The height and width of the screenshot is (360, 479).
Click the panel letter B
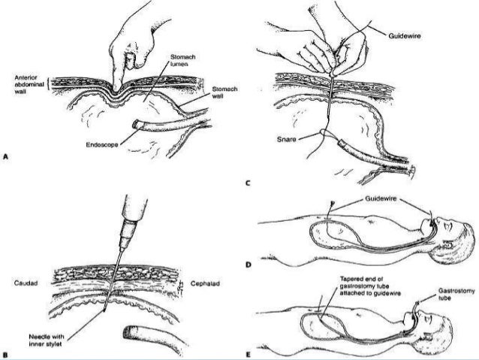coord(6,332)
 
